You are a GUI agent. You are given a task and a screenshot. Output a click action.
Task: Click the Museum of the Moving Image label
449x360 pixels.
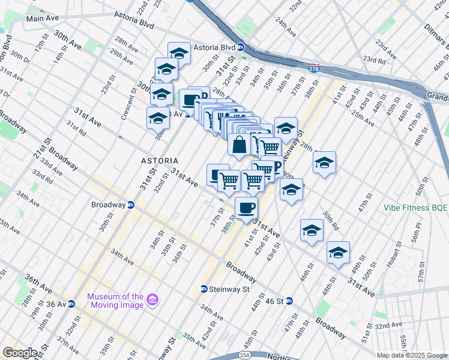[x=115, y=301]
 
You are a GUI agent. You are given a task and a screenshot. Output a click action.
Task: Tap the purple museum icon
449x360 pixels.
[x=152, y=299]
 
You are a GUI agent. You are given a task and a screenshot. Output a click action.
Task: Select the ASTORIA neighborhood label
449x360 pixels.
[x=160, y=161]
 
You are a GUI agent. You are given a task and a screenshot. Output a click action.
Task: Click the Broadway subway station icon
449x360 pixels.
[x=130, y=205]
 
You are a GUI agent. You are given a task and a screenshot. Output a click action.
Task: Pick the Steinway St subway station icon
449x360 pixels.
[x=204, y=289]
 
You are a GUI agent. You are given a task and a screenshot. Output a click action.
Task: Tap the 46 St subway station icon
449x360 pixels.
[x=289, y=301]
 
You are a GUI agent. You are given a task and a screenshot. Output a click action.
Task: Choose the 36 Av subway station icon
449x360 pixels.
[x=71, y=304]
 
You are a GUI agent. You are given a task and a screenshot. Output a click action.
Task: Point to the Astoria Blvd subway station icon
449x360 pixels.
[x=241, y=47]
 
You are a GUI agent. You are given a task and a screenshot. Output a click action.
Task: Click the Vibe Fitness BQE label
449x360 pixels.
[x=416, y=208]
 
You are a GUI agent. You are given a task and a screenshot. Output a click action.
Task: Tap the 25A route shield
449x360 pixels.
[x=248, y=355]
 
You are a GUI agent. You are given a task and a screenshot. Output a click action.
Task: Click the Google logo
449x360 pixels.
[x=20, y=353]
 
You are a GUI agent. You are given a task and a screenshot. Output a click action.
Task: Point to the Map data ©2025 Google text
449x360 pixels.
[x=412, y=355]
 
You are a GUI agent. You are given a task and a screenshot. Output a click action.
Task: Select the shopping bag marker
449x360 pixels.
[x=239, y=145]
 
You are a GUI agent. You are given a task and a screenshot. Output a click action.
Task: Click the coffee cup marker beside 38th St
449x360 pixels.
[x=246, y=208]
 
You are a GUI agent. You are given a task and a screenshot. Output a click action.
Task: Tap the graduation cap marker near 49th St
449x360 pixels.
[x=339, y=253]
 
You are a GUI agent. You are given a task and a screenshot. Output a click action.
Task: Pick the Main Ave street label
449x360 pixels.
[x=43, y=19]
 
